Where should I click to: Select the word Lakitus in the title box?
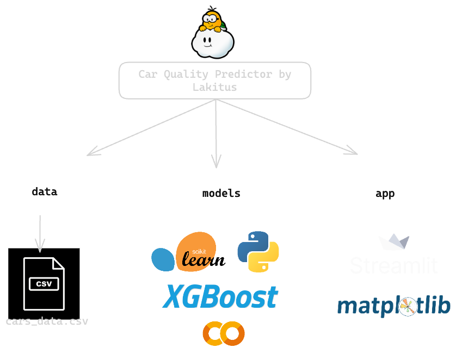[215, 87]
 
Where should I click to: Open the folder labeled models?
[220, 193]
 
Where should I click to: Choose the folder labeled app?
[385, 193]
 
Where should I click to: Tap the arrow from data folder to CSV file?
[40, 234]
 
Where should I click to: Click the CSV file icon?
[44, 283]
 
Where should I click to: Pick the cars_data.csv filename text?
[47, 321]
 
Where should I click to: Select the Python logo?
[258, 251]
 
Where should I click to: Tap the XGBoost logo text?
[220, 297]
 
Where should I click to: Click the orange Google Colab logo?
[223, 333]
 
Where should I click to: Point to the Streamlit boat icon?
[393, 242]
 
